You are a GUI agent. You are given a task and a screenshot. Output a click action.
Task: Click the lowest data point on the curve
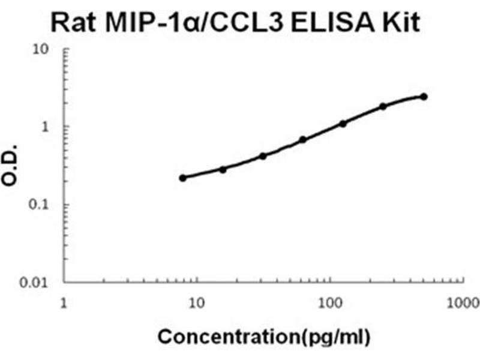183,178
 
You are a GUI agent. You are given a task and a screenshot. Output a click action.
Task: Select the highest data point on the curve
424,97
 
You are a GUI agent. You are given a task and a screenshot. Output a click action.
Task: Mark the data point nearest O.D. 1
343,124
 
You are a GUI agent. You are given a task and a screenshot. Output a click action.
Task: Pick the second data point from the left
223,170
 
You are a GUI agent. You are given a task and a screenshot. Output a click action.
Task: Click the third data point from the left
263,156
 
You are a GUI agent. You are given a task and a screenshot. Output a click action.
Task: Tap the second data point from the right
383,106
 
